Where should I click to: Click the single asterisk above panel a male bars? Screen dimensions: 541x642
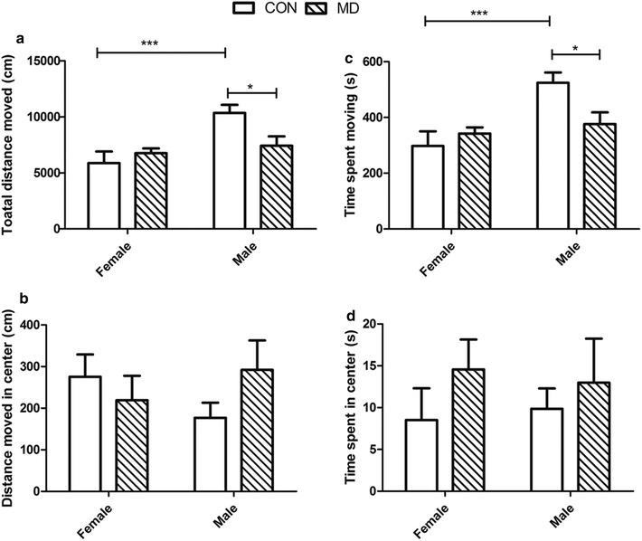pyautogui.click(x=250, y=86)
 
